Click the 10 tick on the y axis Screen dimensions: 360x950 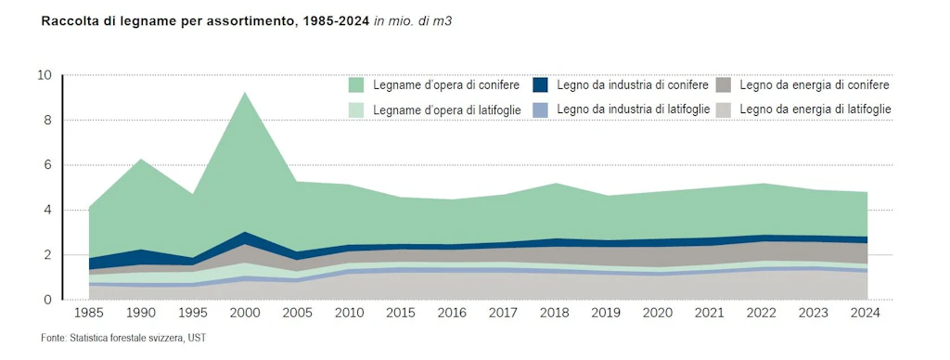pyautogui.click(x=44, y=75)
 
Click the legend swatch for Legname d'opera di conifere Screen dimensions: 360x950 pyautogui.click(x=356, y=85)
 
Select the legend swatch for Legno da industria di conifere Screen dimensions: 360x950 pyautogui.click(x=540, y=85)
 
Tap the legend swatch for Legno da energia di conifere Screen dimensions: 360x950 pyautogui.click(x=724, y=85)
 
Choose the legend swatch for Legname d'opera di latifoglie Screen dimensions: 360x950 pyautogui.click(x=356, y=109)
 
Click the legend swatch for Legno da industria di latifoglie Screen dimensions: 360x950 pyautogui.click(x=540, y=109)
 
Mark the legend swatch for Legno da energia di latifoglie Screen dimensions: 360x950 pyautogui.click(x=724, y=109)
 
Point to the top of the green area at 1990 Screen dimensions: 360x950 pyautogui.click(x=140, y=160)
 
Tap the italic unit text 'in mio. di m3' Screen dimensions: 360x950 pyautogui.click(x=413, y=20)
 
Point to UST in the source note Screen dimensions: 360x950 pyautogui.click(x=197, y=338)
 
